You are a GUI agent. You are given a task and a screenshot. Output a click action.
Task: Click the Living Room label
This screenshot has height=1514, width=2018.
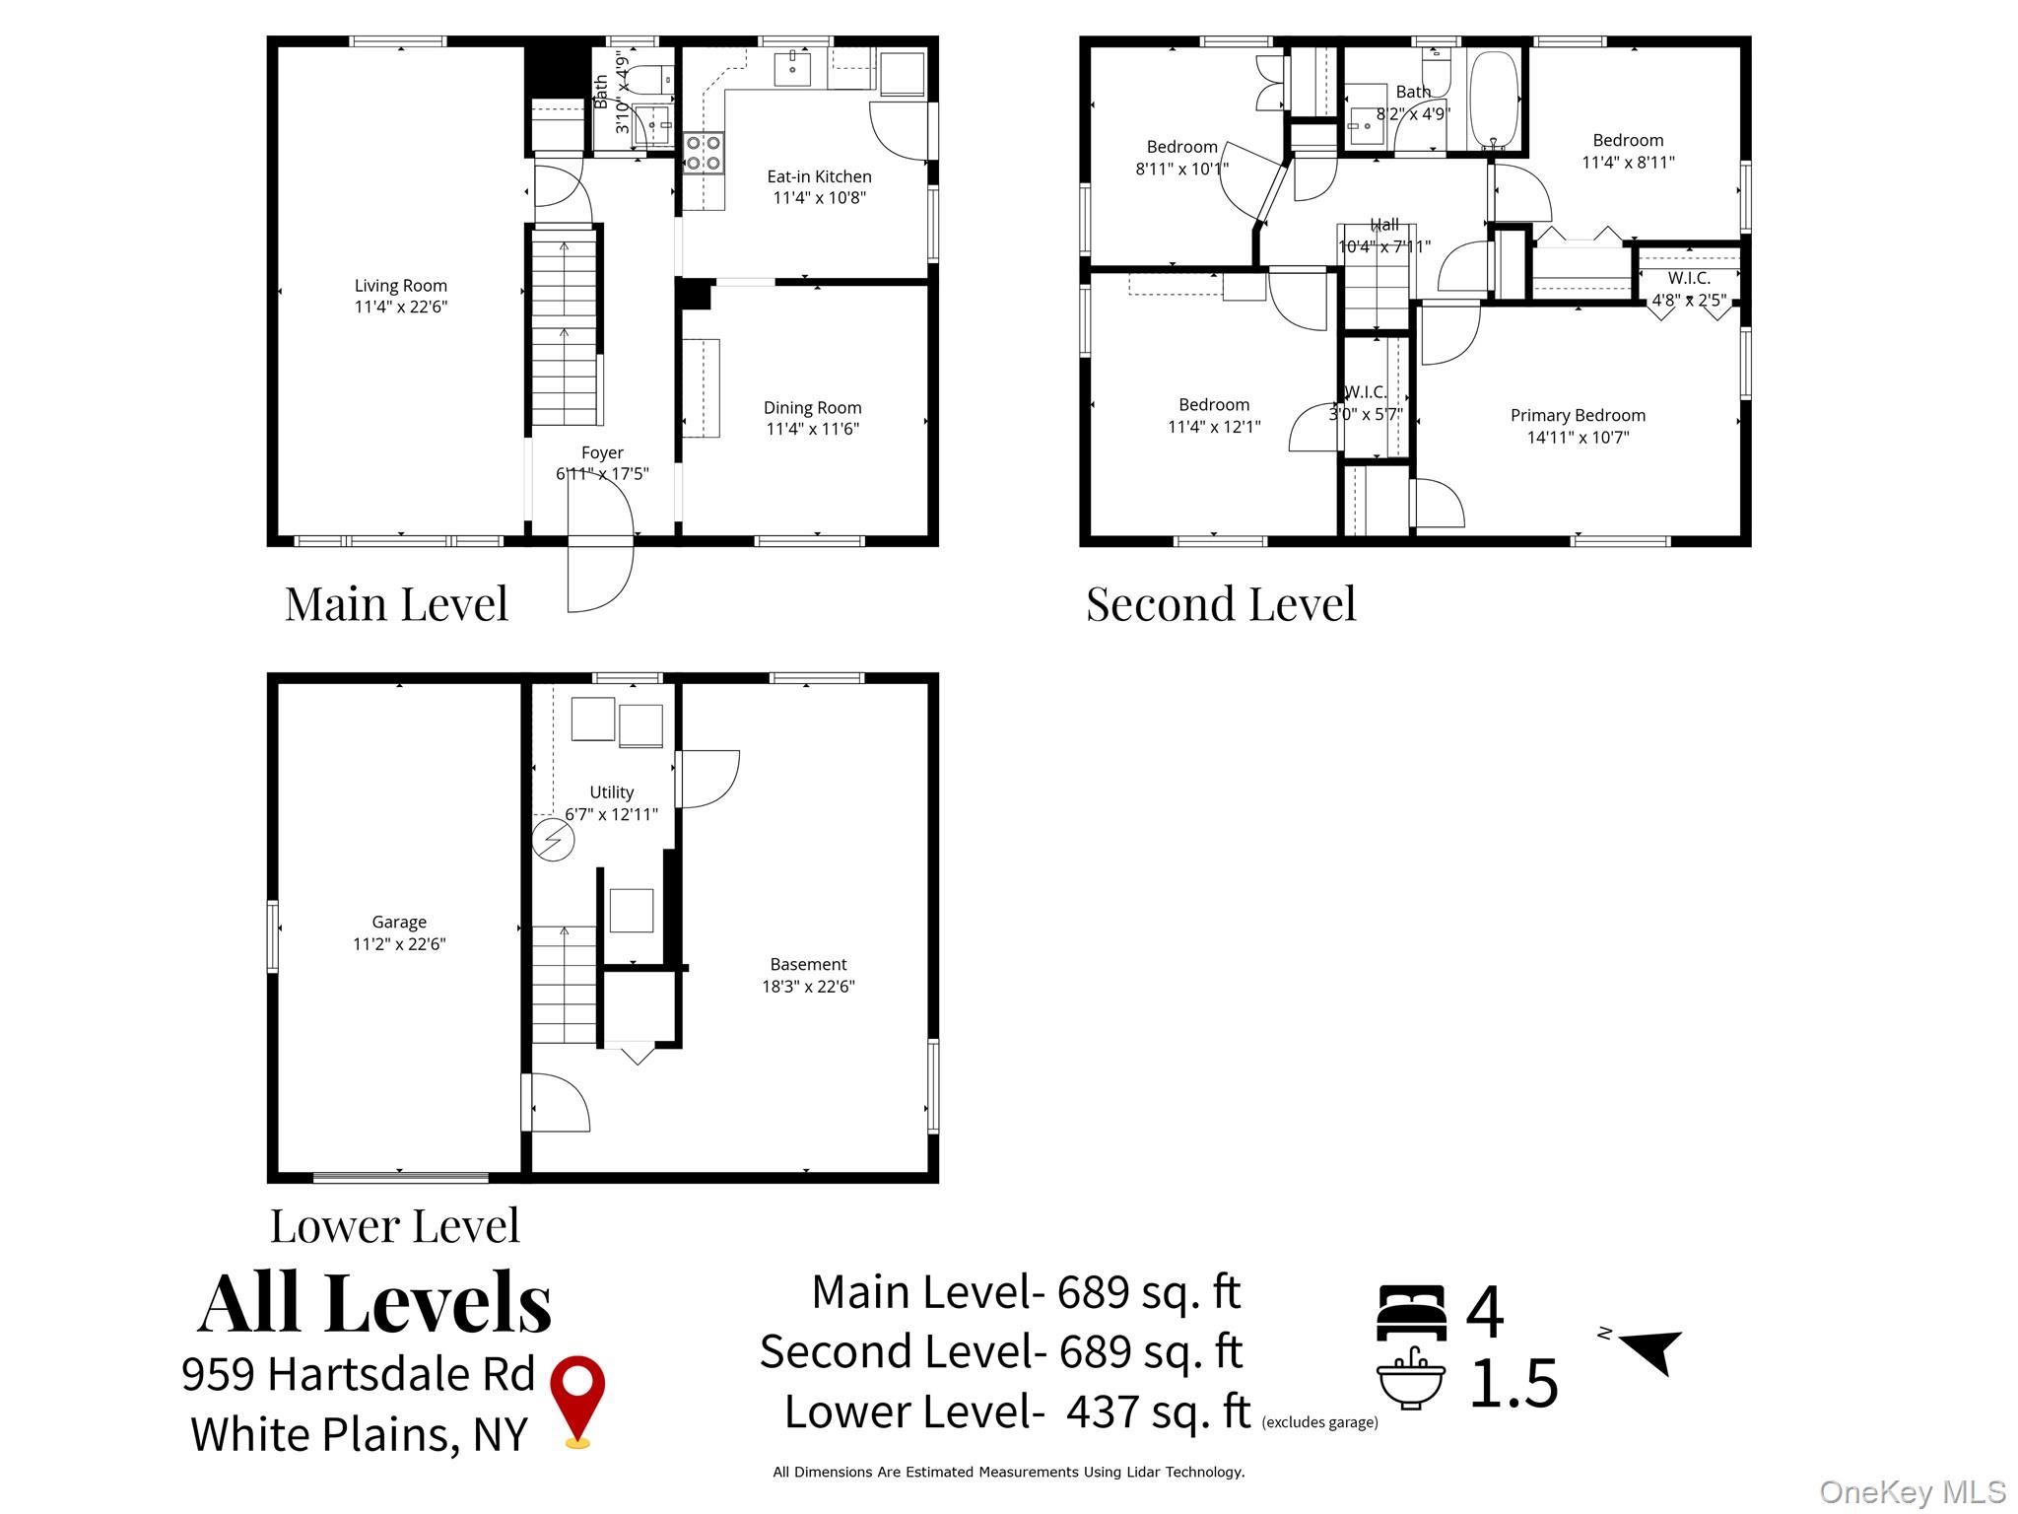click(x=400, y=286)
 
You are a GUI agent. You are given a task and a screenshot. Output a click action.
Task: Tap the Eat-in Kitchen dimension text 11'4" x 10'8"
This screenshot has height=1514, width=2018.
click(x=819, y=198)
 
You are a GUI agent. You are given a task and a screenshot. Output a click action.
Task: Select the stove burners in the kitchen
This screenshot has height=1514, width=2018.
click(x=704, y=153)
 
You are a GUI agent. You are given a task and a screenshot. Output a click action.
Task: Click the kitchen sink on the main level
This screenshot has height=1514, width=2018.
click(x=792, y=68)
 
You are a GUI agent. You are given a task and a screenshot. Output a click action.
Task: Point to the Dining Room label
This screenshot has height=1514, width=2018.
click(x=812, y=407)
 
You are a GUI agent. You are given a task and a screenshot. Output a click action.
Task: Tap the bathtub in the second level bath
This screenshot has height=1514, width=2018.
click(x=1494, y=100)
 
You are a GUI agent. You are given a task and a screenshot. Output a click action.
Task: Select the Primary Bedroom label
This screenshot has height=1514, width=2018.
click(x=1578, y=415)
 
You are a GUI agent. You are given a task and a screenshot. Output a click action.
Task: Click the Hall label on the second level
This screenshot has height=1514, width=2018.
click(x=1384, y=225)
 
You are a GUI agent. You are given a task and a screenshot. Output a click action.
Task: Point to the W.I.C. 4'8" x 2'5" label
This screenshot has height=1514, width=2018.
click(x=1689, y=290)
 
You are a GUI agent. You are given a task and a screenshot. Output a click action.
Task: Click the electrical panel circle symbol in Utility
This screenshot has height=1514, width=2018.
click(x=553, y=841)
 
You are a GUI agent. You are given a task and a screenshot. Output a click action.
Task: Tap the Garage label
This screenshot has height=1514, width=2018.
click(x=399, y=922)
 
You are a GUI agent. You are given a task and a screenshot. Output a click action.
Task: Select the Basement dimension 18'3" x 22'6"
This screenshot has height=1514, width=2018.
click(x=808, y=987)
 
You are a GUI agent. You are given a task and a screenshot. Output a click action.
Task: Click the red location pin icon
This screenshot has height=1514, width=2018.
click(x=577, y=1398)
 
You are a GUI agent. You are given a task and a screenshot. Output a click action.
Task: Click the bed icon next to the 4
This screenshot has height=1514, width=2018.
click(x=1411, y=1312)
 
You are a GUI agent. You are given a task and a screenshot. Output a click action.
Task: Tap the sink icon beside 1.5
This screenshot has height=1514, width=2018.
click(x=1411, y=1379)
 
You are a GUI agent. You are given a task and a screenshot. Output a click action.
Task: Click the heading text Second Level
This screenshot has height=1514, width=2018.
click(x=1221, y=604)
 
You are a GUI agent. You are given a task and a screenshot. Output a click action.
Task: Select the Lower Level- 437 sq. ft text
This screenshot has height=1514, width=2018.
click(x=1017, y=1411)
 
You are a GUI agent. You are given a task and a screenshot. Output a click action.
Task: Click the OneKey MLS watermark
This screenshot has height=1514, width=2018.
click(x=1912, y=1492)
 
